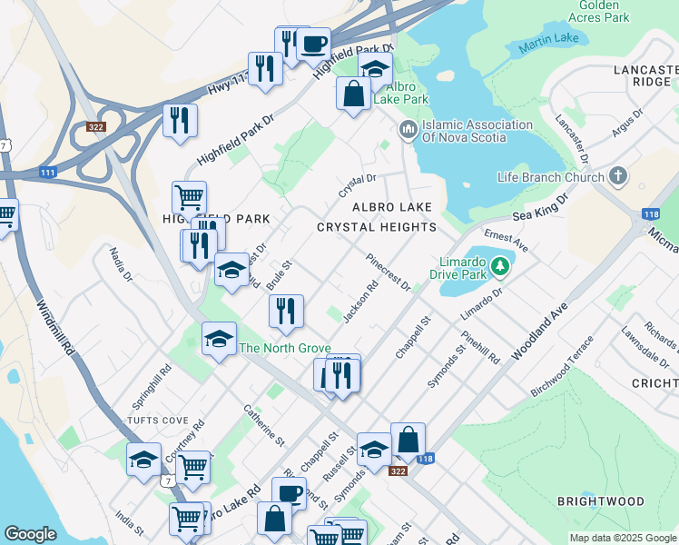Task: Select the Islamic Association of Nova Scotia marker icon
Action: click(x=407, y=131)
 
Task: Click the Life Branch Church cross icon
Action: click(x=618, y=176)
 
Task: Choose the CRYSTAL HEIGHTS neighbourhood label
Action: click(x=376, y=227)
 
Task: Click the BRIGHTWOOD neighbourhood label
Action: click(x=601, y=501)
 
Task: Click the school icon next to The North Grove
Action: click(x=218, y=339)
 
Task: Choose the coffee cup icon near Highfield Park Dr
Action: click(x=313, y=44)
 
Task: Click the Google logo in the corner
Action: click(x=31, y=533)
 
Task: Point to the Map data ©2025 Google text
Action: click(x=622, y=538)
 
